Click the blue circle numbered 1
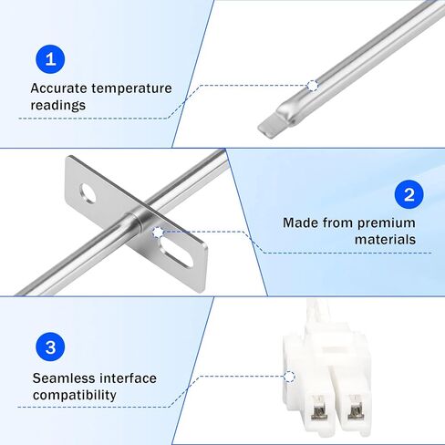(51, 60)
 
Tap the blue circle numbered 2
(409, 195)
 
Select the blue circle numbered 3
(51, 348)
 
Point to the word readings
(58, 105)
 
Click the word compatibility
(74, 394)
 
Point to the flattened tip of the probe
(273, 119)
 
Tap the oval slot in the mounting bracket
(177, 249)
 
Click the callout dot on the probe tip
(313, 85)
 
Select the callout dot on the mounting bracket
(159, 233)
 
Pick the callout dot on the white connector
(289, 375)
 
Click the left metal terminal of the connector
(318, 410)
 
